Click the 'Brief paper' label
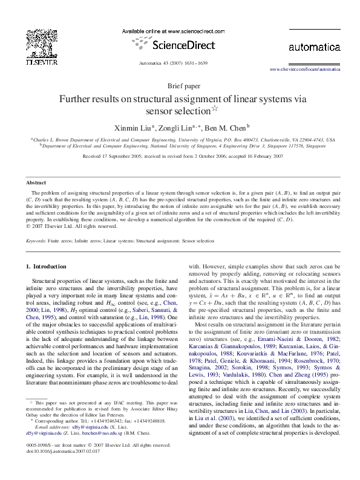(x=180, y=86)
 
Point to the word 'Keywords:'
(x=36, y=241)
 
